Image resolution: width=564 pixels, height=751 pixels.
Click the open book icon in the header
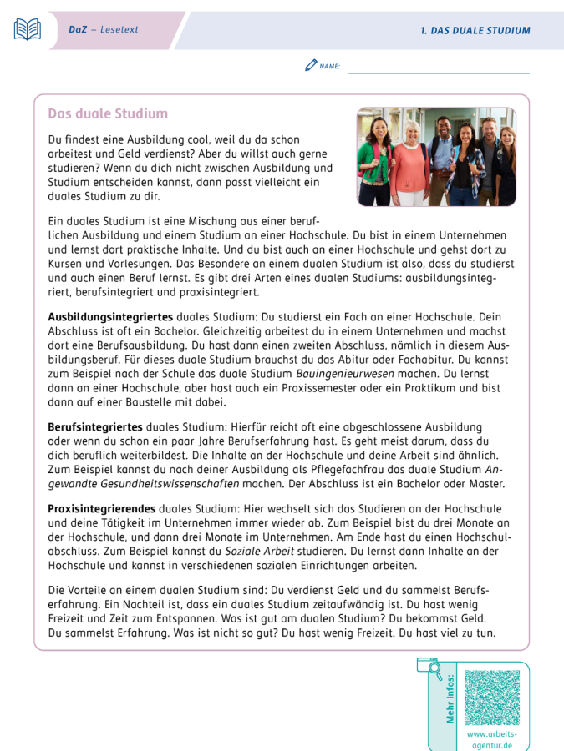click(27, 29)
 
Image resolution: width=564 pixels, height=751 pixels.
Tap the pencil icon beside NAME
click(311, 64)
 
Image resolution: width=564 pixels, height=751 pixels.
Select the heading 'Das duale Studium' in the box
click(108, 113)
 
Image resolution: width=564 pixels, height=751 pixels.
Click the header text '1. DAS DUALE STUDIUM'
click(475, 30)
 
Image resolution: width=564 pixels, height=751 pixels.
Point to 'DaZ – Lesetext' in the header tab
click(104, 29)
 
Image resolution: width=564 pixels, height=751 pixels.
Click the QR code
click(491, 698)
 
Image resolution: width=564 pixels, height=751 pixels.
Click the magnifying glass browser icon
click(429, 667)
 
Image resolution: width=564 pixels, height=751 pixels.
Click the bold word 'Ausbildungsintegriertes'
click(110, 317)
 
